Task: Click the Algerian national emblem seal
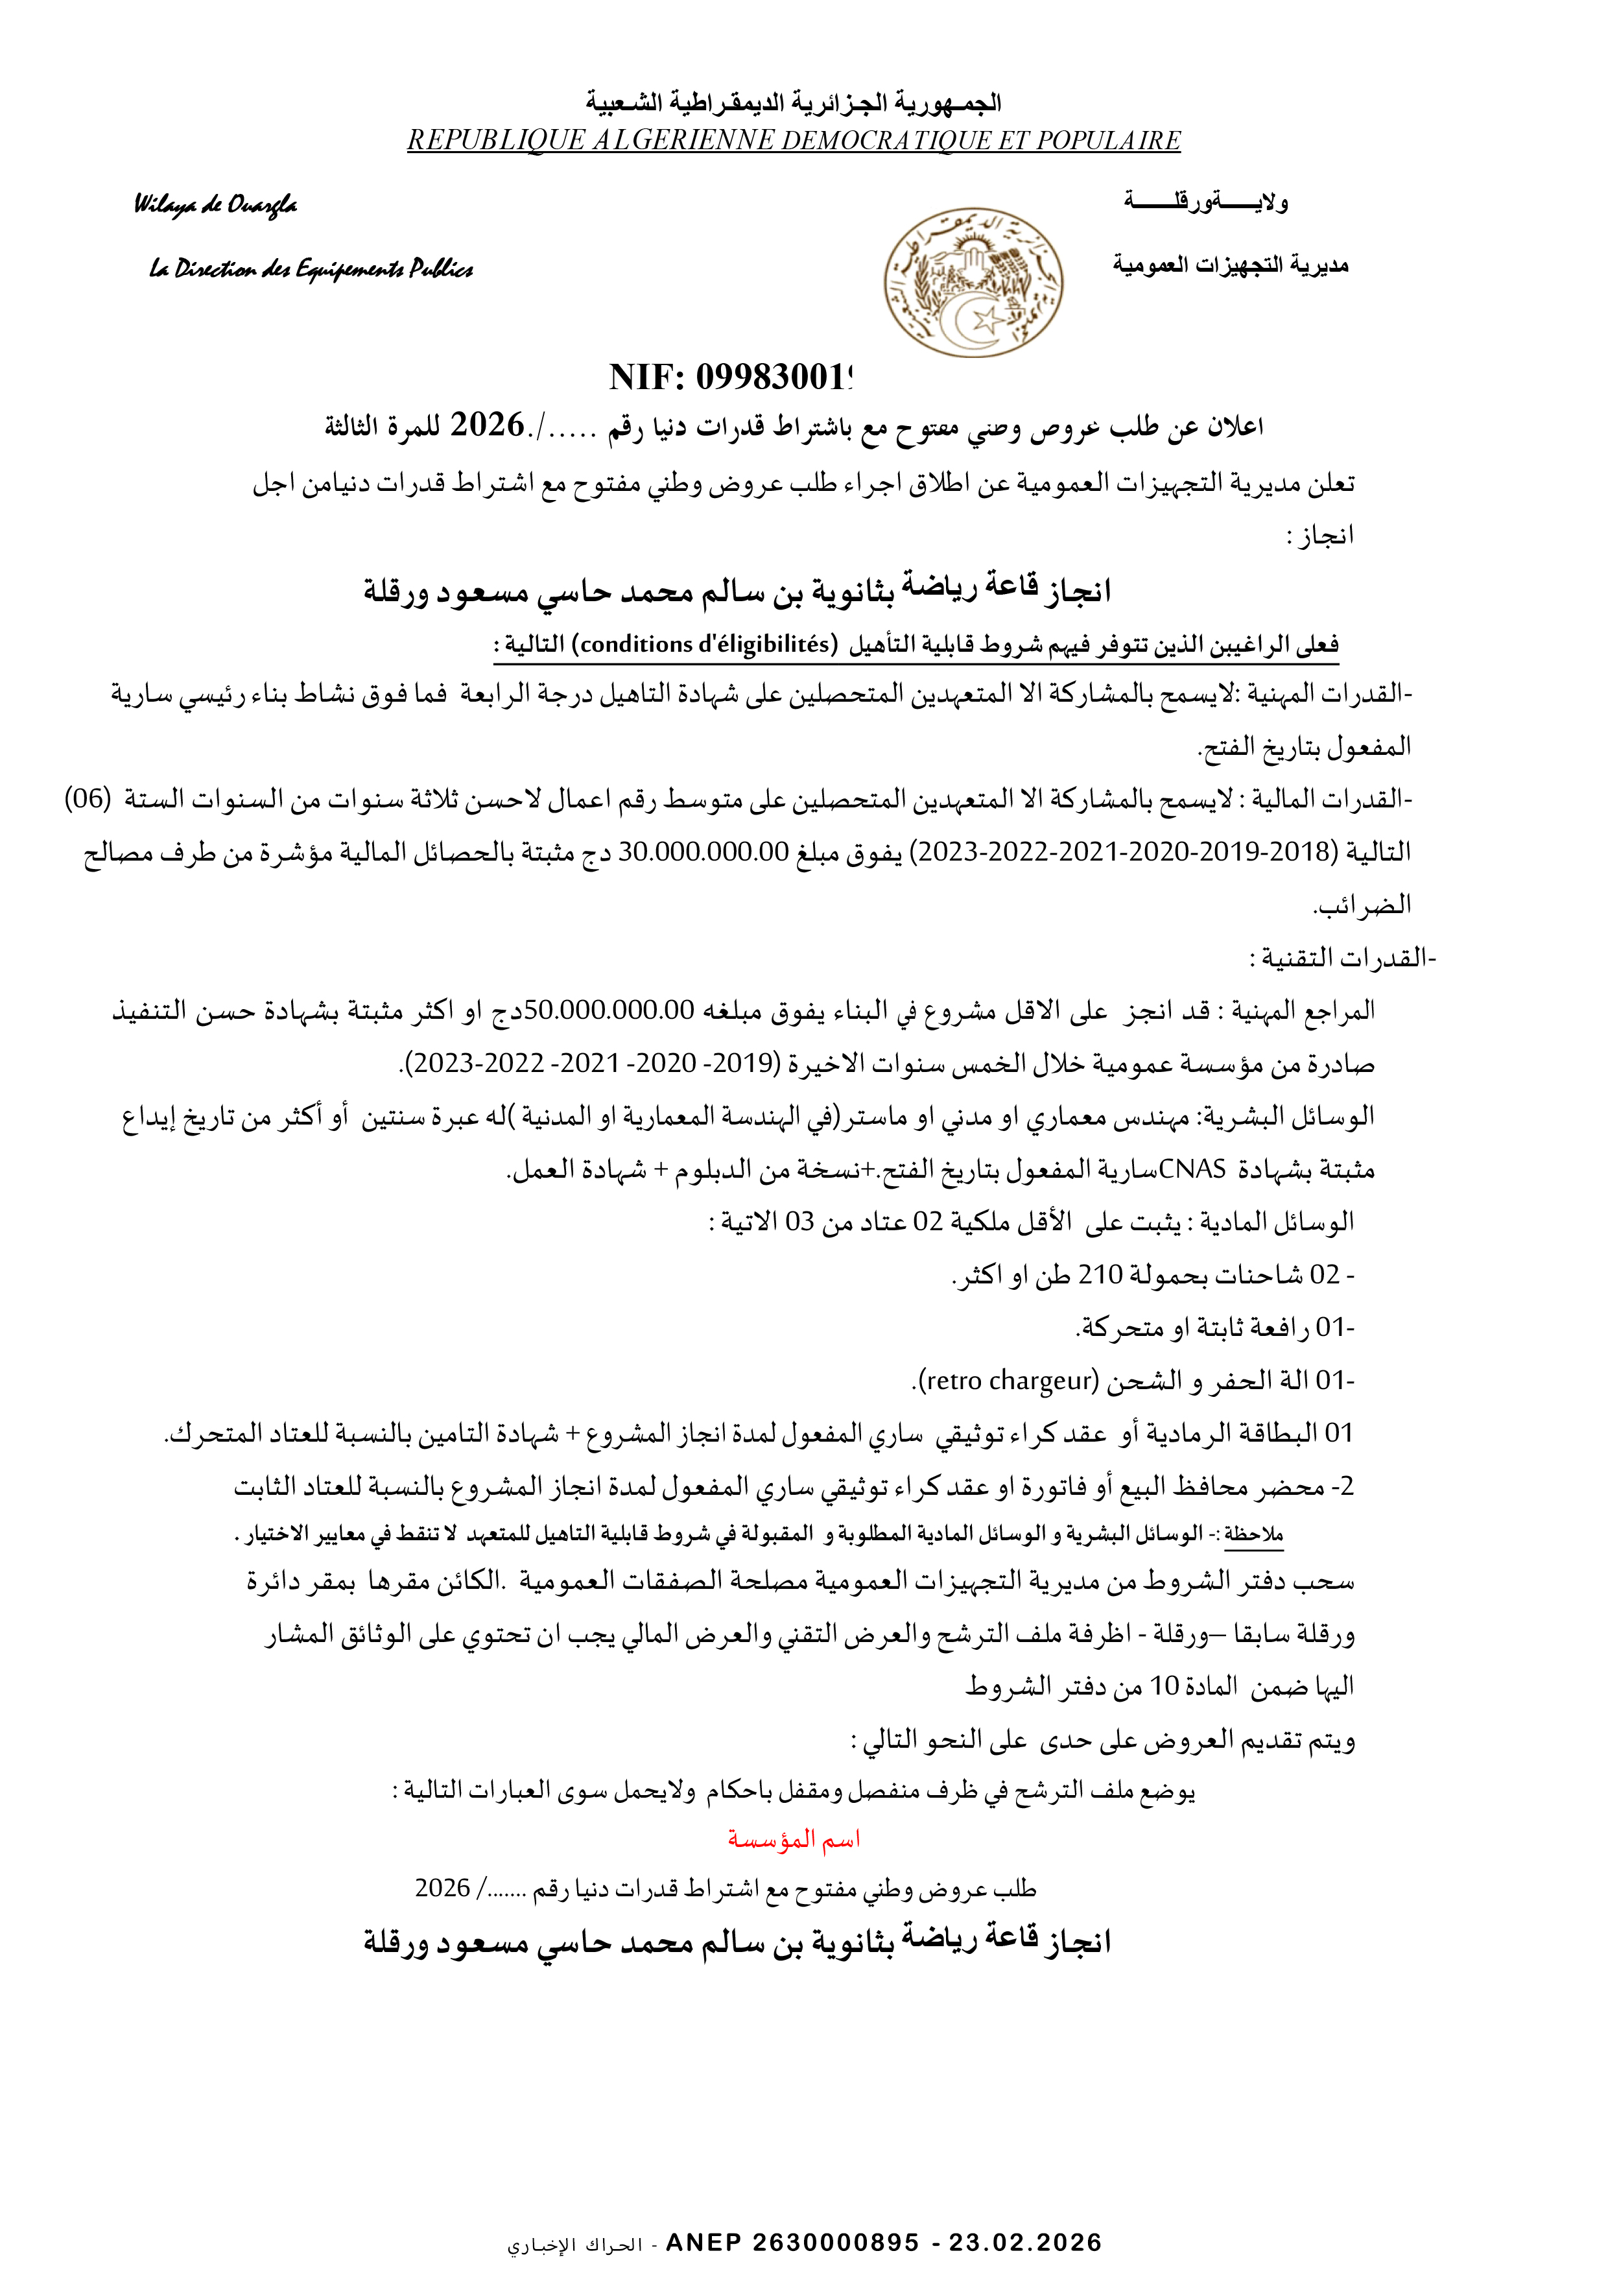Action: coord(973,282)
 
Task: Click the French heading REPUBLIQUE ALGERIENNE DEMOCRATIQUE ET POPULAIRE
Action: coord(794,141)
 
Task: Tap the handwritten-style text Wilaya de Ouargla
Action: coord(215,205)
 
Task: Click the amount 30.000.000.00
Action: coord(703,851)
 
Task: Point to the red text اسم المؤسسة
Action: coord(794,1840)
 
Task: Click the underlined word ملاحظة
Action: coord(1253,1534)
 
